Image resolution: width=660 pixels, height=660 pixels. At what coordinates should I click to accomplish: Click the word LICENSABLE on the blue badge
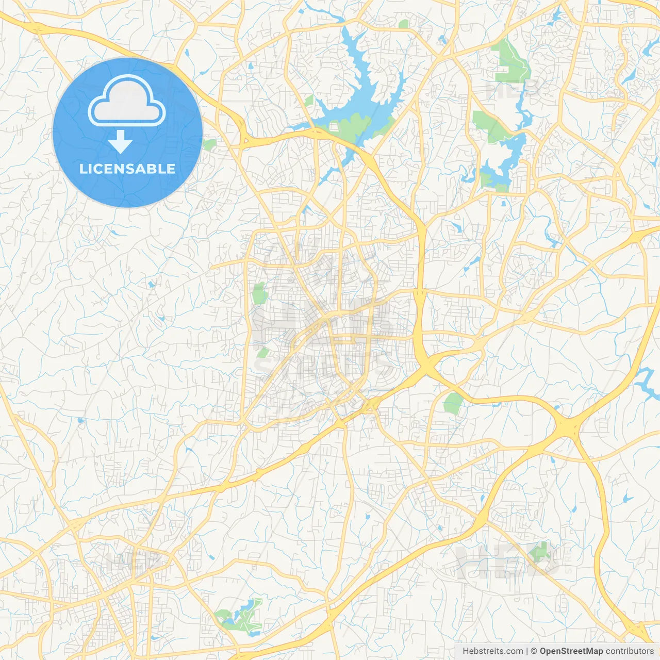point(127,169)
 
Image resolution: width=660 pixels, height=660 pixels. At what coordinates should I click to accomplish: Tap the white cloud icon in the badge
point(127,102)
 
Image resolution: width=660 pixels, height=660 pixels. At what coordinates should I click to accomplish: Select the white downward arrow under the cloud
point(120,142)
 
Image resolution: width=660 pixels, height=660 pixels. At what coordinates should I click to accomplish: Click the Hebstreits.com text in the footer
point(492,651)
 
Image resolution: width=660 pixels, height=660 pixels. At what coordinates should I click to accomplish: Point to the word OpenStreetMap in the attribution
point(571,651)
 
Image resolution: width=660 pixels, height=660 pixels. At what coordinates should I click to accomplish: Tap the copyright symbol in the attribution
point(534,651)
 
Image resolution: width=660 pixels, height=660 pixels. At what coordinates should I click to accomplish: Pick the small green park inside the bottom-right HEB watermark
point(539,552)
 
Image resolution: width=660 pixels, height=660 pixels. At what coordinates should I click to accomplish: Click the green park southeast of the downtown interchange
point(453,403)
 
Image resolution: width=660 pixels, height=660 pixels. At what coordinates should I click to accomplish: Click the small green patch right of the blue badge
point(209,145)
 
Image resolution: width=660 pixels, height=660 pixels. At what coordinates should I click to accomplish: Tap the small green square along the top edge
point(403,24)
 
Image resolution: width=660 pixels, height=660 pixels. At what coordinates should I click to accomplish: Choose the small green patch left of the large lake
point(309,101)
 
